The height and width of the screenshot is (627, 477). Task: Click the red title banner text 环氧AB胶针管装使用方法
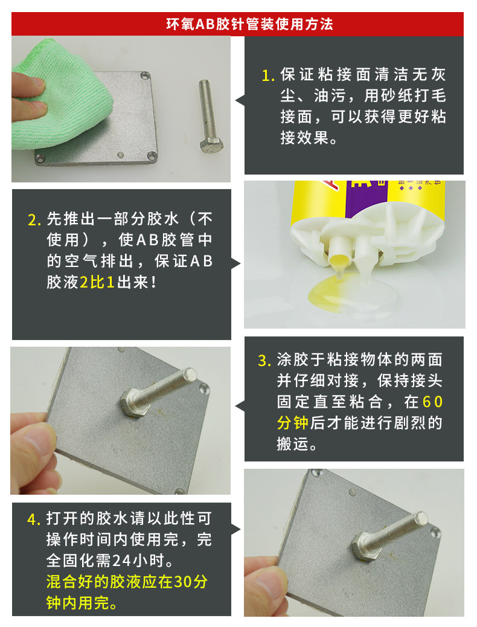249,24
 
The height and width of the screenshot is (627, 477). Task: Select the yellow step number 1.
267,76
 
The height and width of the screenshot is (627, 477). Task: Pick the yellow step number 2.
34,220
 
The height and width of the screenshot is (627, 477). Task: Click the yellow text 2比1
97,282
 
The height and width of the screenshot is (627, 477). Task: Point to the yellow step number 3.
264,361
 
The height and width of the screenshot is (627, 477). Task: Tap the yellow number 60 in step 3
432,402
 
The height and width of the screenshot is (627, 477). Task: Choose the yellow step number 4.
34,519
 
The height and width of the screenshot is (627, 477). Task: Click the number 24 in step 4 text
121,561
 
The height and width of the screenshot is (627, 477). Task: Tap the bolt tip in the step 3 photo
190,375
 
